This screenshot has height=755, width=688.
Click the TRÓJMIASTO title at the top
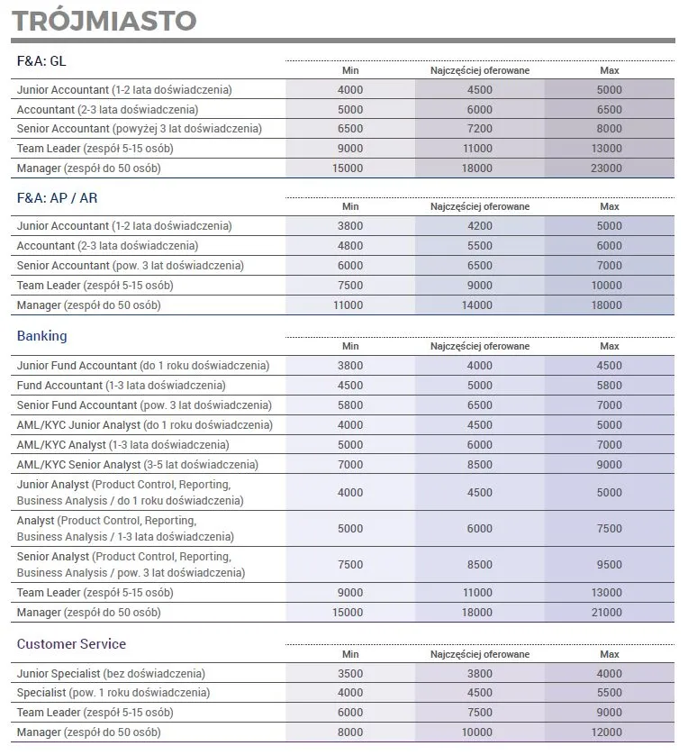point(104,20)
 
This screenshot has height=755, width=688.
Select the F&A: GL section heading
point(41,61)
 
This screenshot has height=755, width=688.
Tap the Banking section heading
point(42,336)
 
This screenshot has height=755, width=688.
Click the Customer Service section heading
point(71,644)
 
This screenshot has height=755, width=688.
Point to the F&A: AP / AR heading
point(57,197)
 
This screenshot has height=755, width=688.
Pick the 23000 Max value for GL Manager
point(610,168)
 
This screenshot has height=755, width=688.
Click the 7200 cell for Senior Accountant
point(480,129)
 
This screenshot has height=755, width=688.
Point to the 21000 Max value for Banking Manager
point(610,613)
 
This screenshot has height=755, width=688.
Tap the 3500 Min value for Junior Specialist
point(350,674)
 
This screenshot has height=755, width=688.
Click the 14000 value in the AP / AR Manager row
point(480,305)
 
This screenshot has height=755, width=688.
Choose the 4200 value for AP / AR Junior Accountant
point(480,226)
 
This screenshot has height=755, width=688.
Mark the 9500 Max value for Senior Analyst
point(610,565)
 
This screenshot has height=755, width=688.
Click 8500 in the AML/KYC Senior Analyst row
point(480,465)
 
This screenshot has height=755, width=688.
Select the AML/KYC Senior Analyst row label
point(138,465)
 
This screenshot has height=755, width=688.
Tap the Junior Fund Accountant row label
point(143,366)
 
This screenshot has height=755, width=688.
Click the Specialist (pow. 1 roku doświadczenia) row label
point(113,694)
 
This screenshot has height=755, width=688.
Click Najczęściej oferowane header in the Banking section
point(480,346)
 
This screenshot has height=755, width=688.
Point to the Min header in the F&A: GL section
point(350,70)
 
